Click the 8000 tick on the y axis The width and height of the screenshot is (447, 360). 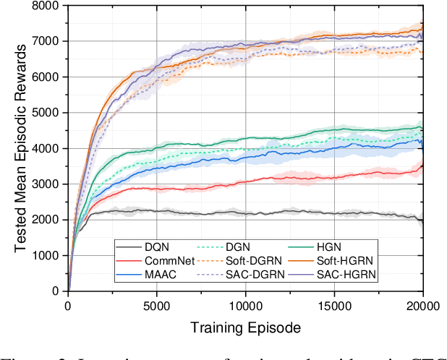pos(49,6)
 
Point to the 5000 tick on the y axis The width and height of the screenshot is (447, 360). pos(49,113)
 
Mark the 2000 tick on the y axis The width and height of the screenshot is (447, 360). pos(49,220)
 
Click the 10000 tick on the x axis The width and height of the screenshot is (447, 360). pos(245,305)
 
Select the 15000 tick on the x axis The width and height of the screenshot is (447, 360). pos(334,305)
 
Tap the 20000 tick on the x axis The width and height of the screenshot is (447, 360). pos(422,305)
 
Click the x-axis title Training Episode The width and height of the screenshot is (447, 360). pos(245,328)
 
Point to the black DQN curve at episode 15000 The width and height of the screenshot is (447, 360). pos(334,213)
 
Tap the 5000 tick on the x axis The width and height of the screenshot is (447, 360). pos(157,305)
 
